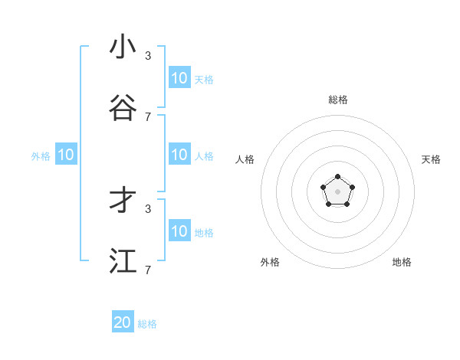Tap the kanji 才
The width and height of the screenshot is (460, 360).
click(x=123, y=201)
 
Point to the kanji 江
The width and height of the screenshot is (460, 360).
click(x=123, y=261)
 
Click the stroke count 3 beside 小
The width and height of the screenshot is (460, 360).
click(x=148, y=55)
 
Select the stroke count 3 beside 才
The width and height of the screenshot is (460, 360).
click(x=148, y=208)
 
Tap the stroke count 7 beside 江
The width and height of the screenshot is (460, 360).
click(x=148, y=270)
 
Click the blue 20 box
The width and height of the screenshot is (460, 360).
click(x=123, y=322)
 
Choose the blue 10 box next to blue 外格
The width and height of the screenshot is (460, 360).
click(x=66, y=155)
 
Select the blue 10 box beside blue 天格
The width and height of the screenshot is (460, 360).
click(x=179, y=78)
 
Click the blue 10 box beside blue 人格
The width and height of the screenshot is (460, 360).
click(x=179, y=155)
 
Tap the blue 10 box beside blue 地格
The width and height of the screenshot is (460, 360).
click(x=179, y=231)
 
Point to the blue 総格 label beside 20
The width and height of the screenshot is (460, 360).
click(x=147, y=324)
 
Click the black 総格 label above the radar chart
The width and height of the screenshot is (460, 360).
click(x=337, y=100)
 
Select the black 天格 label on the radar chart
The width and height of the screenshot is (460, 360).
click(x=431, y=159)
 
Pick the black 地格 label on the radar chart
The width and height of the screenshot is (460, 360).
click(x=402, y=262)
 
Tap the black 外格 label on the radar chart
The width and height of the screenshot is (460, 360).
click(x=270, y=262)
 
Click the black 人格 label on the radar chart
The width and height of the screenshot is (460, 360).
click(x=245, y=159)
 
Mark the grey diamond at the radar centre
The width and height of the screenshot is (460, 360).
click(x=337, y=191)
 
